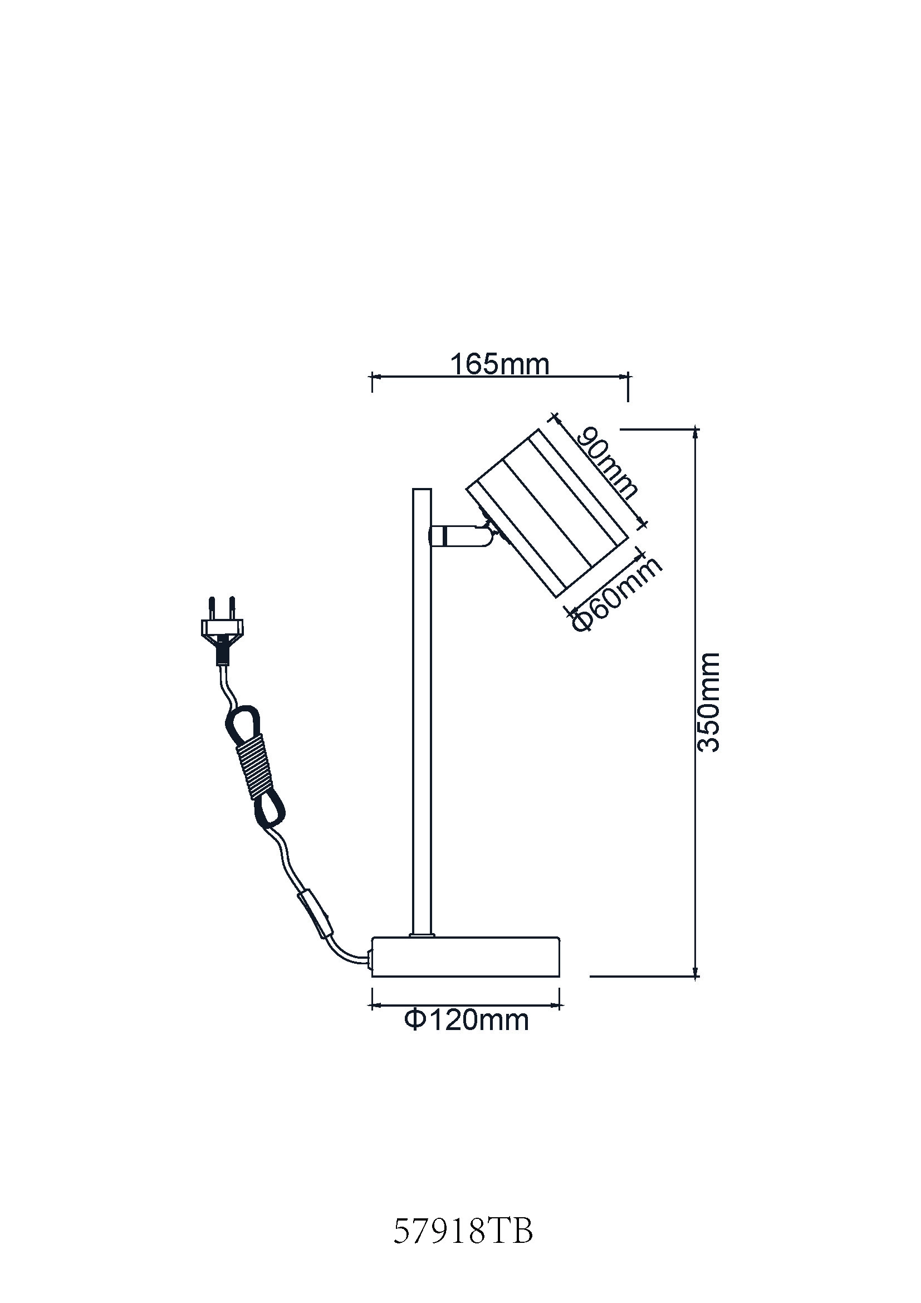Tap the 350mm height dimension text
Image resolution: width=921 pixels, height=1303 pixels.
(x=708, y=702)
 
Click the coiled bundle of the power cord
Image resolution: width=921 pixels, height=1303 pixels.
(x=253, y=762)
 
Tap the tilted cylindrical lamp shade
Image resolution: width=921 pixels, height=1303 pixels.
(x=547, y=513)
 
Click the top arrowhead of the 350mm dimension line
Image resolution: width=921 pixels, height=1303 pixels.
(x=696, y=432)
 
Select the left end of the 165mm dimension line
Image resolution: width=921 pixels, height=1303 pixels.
(x=372, y=376)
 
